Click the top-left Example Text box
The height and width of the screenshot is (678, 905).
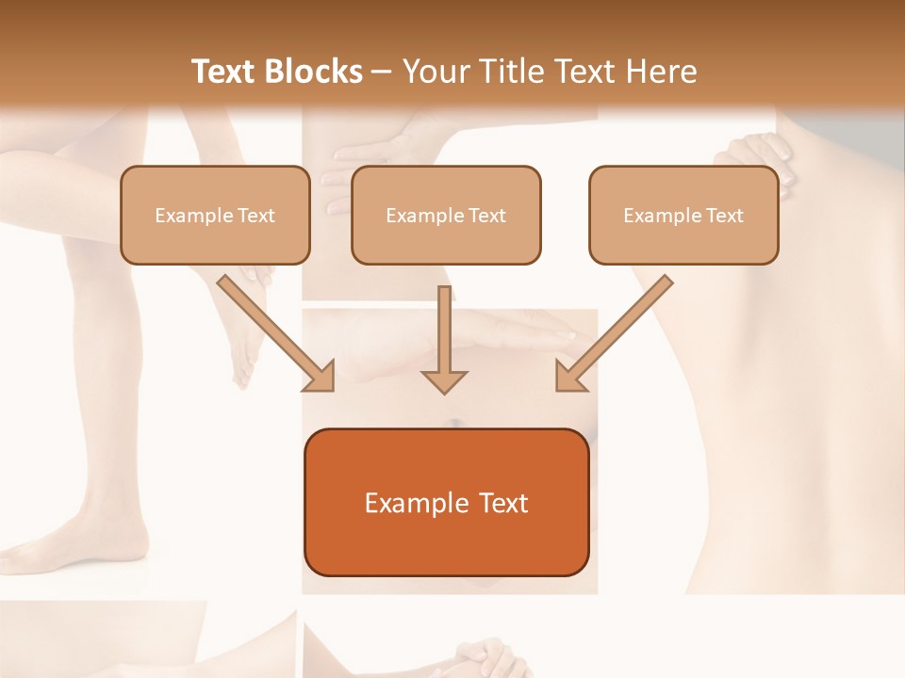(215, 215)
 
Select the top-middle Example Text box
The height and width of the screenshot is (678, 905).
(446, 215)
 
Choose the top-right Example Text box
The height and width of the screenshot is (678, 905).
(683, 215)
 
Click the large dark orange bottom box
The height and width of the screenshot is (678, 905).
(446, 502)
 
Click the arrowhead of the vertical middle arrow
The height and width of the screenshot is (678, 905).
(444, 379)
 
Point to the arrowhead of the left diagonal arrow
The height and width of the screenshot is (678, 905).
(321, 377)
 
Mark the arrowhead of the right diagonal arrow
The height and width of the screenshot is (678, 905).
(569, 377)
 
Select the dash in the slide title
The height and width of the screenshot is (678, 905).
(382, 72)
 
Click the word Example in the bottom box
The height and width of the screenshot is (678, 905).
(405, 503)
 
